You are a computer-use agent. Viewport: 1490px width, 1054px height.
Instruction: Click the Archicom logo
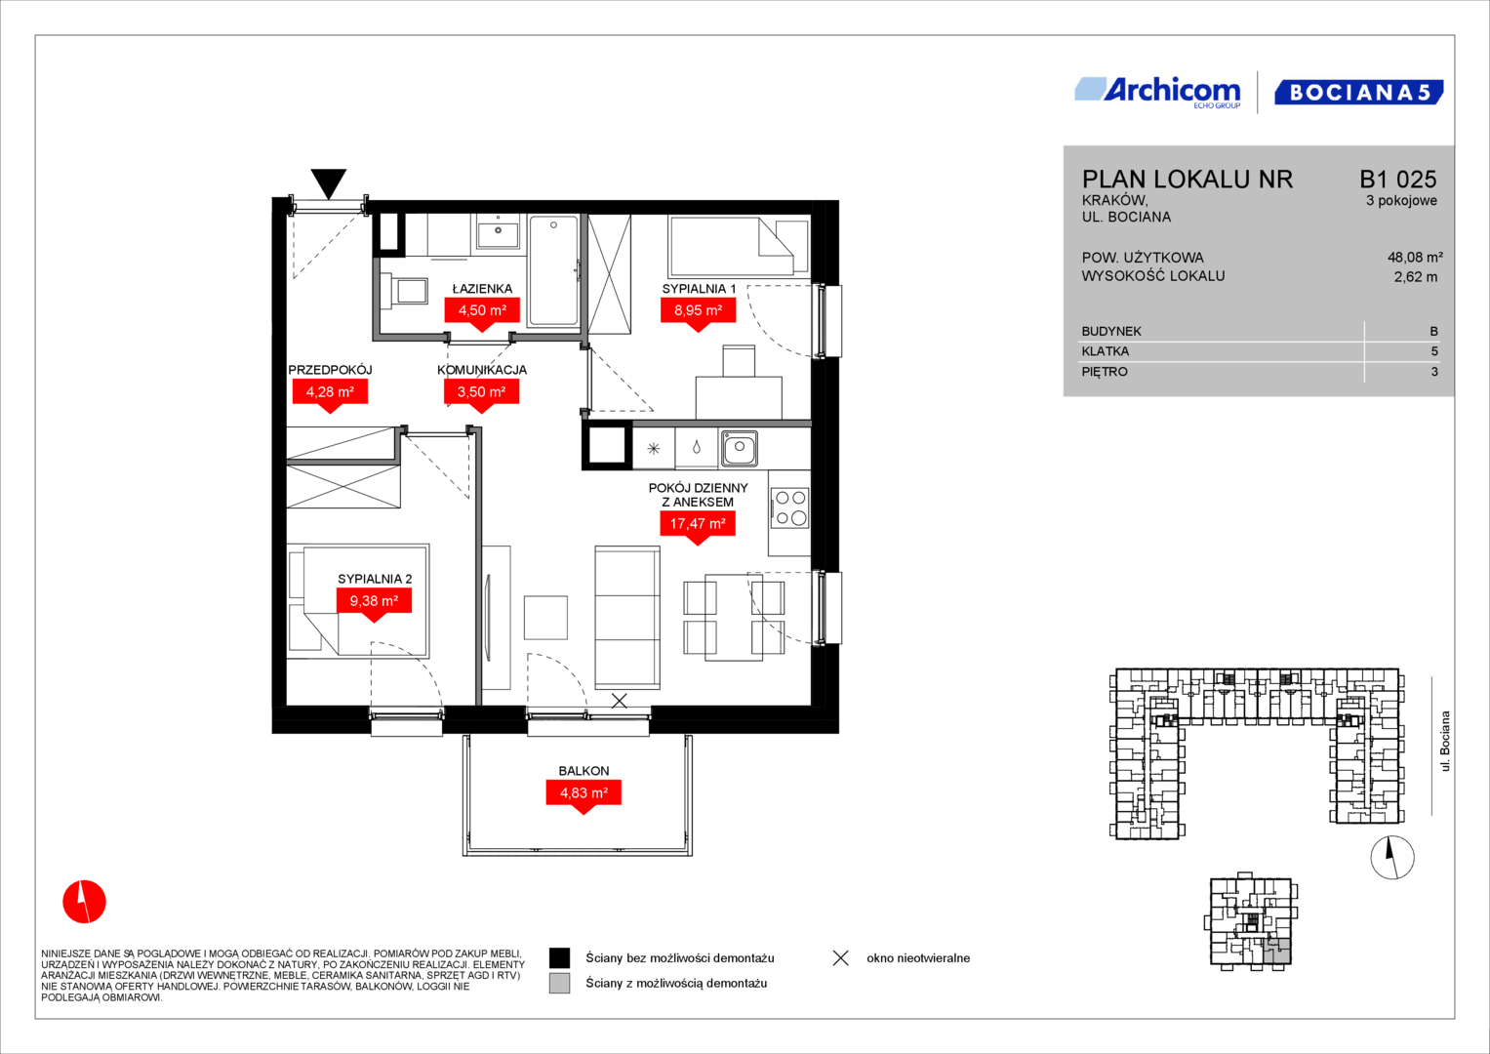pos(1157,93)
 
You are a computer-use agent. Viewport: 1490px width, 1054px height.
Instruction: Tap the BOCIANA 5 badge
pos(1359,93)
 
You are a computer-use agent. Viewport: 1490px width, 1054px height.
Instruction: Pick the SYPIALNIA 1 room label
pos(699,289)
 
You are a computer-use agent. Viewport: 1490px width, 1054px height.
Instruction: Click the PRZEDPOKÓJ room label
pos(330,370)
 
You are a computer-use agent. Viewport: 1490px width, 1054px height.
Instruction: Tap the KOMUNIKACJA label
pos(482,370)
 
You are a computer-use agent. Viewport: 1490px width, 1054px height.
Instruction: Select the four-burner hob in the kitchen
pos(790,507)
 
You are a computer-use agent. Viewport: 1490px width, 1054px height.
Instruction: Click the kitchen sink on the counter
pos(739,448)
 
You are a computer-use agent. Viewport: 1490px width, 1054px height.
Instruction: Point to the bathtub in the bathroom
pos(553,271)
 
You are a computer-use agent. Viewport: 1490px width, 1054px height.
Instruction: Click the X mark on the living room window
pos(620,700)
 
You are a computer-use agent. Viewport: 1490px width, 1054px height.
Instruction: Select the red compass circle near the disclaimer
pos(85,902)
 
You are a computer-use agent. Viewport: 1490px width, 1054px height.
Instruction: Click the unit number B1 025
pos(1398,179)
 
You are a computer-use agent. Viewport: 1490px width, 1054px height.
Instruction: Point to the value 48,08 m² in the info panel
pos(1415,258)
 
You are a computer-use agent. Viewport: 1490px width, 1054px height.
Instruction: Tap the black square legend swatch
pos(559,958)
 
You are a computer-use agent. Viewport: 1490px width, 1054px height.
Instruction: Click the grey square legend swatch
pos(559,984)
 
